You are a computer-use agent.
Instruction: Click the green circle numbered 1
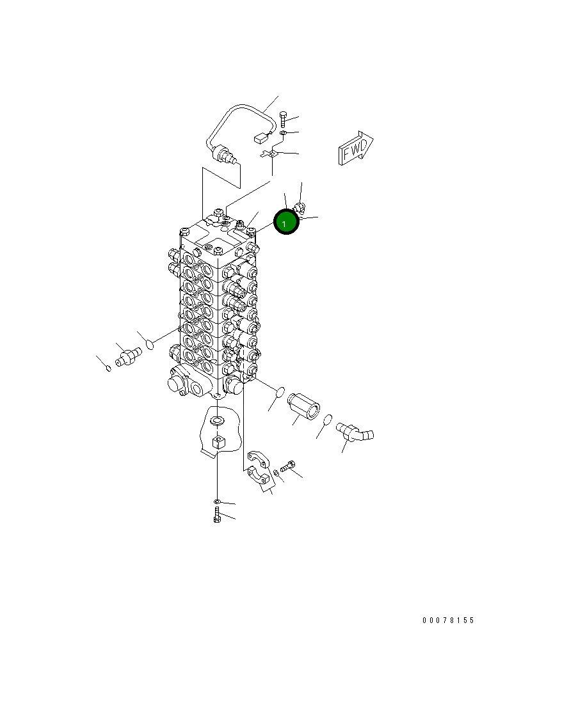(x=286, y=222)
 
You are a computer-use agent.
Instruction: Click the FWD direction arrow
(x=356, y=148)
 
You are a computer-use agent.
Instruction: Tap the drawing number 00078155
(x=448, y=620)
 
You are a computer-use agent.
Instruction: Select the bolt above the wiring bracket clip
(x=283, y=119)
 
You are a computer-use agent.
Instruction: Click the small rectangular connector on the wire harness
(x=260, y=137)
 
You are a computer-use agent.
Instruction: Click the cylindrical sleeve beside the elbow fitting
(x=303, y=406)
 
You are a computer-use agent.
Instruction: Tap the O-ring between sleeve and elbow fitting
(x=327, y=420)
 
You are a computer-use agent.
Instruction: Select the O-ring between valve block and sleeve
(x=280, y=393)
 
